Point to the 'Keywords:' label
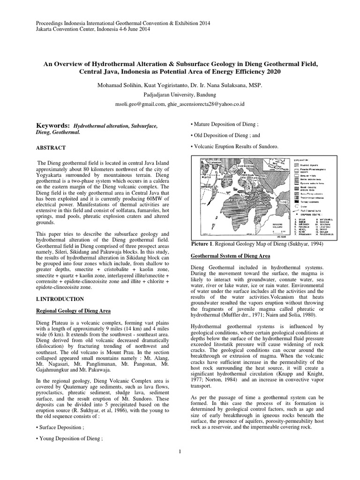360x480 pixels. (x=53, y=126)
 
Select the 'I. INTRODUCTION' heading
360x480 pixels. (x=60, y=299)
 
